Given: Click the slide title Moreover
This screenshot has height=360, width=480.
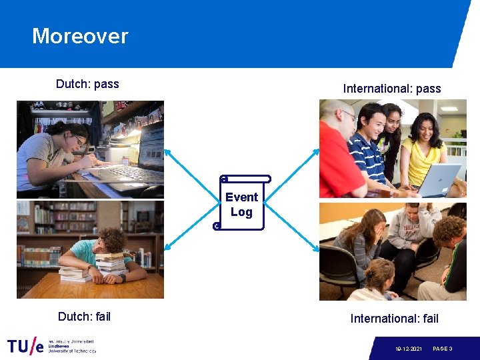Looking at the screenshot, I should pos(80,36).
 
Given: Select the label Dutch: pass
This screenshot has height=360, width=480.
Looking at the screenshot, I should pos(87,84).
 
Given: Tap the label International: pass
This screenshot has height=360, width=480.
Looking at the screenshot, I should pos(391,88).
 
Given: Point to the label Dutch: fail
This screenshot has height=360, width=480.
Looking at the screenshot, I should pos(84,316).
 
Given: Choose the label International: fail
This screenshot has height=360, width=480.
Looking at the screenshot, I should pos(394,319).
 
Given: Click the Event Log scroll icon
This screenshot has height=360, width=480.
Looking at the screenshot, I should pos(241,203).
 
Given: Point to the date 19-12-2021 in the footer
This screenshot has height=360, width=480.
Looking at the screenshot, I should pos(408,349).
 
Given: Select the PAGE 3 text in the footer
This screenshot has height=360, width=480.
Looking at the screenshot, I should pos(442,349).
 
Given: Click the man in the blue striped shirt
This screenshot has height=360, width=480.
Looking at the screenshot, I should pos(369,150).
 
